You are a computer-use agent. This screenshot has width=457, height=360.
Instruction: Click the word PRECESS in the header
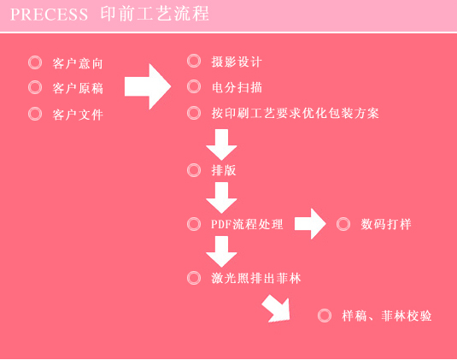pyautogui.click(x=49, y=15)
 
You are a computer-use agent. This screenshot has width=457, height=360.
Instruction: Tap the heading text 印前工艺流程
pyautogui.click(x=155, y=14)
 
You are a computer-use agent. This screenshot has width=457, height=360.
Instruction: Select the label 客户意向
pyautogui.click(x=78, y=63)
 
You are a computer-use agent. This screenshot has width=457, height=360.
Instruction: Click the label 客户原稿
pyautogui.click(x=78, y=88)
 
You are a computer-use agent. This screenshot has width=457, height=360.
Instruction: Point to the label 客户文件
pyautogui.click(x=78, y=115)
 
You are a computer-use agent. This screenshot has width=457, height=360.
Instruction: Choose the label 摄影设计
pyautogui.click(x=237, y=62)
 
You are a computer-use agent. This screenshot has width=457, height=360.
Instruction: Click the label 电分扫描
pyautogui.click(x=237, y=87)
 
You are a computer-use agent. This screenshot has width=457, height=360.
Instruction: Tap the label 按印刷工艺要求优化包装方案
pyautogui.click(x=295, y=113)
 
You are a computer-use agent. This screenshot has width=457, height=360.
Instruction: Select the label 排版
pyautogui.click(x=224, y=170)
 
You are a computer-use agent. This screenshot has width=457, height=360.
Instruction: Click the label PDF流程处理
pyautogui.click(x=247, y=224)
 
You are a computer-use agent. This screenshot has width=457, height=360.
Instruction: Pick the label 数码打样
pyautogui.click(x=386, y=224)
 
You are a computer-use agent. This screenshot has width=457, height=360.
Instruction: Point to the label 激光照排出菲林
pyautogui.click(x=256, y=278)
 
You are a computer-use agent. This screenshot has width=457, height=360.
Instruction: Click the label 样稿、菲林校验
pyautogui.click(x=386, y=316)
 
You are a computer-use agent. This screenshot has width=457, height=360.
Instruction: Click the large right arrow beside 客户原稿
pyautogui.click(x=148, y=86)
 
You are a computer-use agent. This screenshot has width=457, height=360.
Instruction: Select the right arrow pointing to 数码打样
pyautogui.click(x=310, y=224)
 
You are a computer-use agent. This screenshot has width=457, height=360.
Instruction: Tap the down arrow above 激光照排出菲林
pyautogui.click(x=221, y=251)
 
